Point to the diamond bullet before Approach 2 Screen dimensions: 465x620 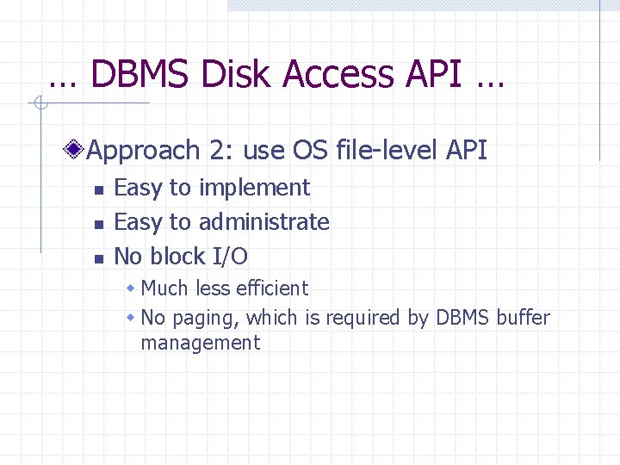pyautogui.click(x=77, y=151)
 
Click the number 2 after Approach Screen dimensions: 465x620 pyautogui.click(x=216, y=151)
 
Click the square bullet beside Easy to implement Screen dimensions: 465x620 pyautogui.click(x=98, y=189)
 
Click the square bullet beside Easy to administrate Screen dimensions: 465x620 pyautogui.click(x=98, y=224)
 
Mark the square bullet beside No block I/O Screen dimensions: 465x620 pyautogui.click(x=98, y=258)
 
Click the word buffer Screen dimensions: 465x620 pyautogui.click(x=523, y=318)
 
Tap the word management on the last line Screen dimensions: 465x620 pyautogui.click(x=200, y=343)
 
